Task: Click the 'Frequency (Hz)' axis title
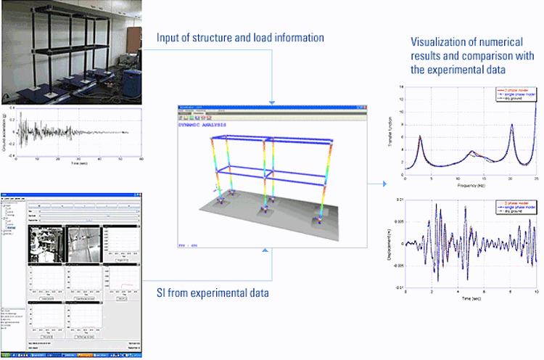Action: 471,186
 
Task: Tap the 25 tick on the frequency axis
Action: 536,180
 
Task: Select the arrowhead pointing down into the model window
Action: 272,101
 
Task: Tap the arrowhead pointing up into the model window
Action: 272,253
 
